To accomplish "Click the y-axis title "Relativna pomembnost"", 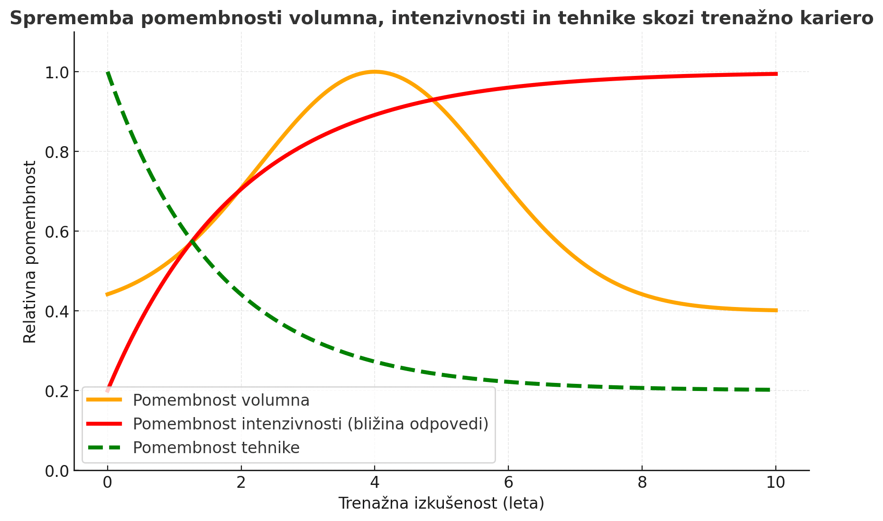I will pyautogui.click(x=30, y=251).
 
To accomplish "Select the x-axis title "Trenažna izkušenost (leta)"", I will pyautogui.click(x=441, y=503).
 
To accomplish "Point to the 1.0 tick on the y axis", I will pyautogui.click(x=56, y=72).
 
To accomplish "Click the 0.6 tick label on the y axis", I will pyautogui.click(x=56, y=232).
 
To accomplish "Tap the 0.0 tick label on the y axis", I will pyautogui.click(x=56, y=471).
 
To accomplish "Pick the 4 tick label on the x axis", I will pyautogui.click(x=375, y=483).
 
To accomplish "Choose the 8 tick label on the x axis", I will pyautogui.click(x=642, y=483).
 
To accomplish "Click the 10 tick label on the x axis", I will pyautogui.click(x=776, y=483).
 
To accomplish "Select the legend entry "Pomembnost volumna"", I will pyautogui.click(x=221, y=400).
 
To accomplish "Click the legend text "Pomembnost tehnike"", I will pyautogui.click(x=216, y=447).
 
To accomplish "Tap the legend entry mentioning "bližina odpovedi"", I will pyautogui.click(x=311, y=424).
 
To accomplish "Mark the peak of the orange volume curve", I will pyautogui.click(x=375, y=72).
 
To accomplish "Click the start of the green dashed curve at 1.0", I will pyautogui.click(x=108, y=73).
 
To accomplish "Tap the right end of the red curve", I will pyautogui.click(x=776, y=74).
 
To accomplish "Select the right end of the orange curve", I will pyautogui.click(x=776, y=310).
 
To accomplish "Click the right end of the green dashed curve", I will pyautogui.click(x=769, y=390).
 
